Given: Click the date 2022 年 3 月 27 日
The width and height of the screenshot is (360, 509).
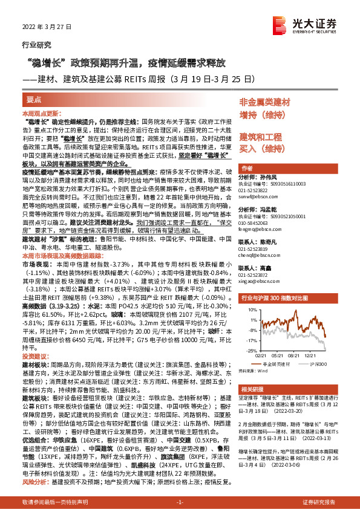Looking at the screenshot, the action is click(x=47, y=28).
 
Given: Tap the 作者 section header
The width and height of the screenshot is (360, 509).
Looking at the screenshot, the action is click(x=247, y=168).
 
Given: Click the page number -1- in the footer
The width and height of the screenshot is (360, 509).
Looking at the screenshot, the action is click(x=179, y=502).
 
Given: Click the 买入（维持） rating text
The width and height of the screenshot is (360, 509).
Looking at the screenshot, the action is click(x=261, y=148).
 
